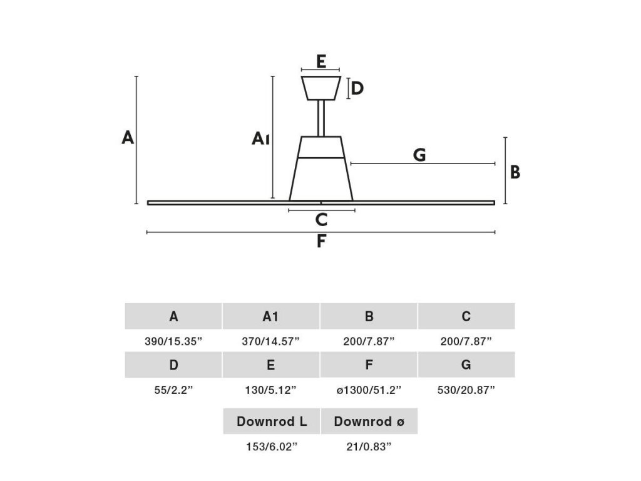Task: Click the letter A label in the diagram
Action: click(128, 138)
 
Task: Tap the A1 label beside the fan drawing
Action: click(260, 139)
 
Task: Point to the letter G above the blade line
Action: click(419, 155)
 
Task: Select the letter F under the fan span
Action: click(321, 241)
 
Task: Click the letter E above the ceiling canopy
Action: click(320, 61)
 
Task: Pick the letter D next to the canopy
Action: click(357, 88)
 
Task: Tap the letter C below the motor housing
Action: click(321, 220)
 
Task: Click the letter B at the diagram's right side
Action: click(515, 172)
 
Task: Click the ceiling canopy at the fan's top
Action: click(320, 88)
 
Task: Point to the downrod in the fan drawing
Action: click(321, 118)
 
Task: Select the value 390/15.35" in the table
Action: click(173, 341)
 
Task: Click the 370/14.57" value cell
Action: click(270, 341)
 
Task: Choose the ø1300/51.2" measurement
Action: click(369, 390)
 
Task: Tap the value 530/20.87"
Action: click(466, 390)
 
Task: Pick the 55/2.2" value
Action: click(173, 390)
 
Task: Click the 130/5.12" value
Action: click(270, 390)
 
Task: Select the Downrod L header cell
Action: click(272, 422)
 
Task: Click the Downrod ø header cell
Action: click(369, 422)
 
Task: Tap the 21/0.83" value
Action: click(369, 447)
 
